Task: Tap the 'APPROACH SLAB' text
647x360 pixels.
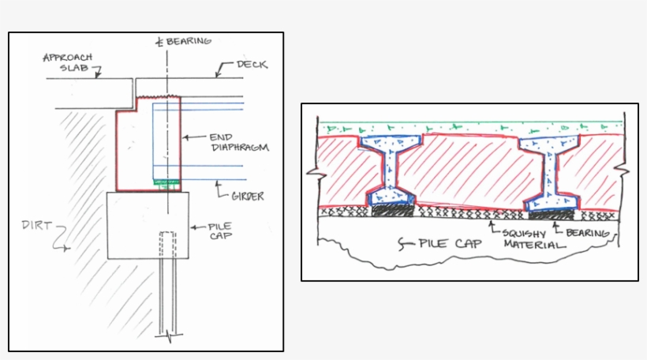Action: tap(68, 63)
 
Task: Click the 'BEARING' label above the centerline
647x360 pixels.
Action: tap(189, 40)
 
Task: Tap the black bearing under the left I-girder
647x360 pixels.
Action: tap(392, 211)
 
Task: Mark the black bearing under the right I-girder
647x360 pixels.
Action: tap(550, 212)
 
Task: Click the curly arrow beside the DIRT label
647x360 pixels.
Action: tap(60, 240)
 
